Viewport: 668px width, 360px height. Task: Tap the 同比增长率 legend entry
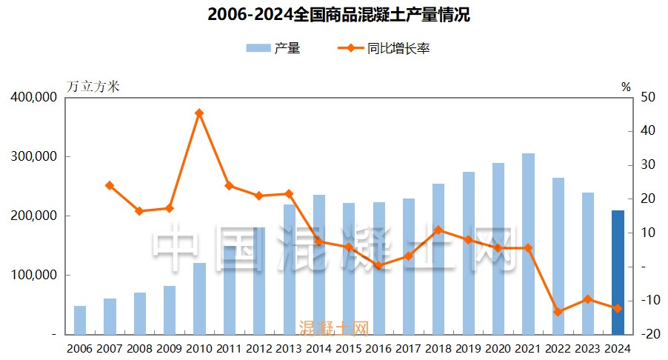point(385,49)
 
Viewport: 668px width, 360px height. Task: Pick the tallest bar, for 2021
point(528,244)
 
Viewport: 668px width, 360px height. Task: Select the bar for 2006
point(80,319)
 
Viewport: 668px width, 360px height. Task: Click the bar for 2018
point(438,259)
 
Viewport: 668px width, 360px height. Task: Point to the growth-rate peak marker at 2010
point(199,113)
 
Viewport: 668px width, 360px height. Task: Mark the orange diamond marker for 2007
point(110,185)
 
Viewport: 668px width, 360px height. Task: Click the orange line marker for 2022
point(558,312)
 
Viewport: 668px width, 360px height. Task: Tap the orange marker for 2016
point(378,265)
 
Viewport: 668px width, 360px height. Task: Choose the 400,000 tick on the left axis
point(34,97)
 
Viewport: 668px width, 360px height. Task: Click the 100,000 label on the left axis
point(34,275)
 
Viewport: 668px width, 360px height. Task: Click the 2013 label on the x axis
point(289,348)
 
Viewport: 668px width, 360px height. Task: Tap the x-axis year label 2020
point(498,348)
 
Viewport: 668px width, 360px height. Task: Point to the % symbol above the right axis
point(626,87)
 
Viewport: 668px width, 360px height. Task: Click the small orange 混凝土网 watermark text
point(333,327)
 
